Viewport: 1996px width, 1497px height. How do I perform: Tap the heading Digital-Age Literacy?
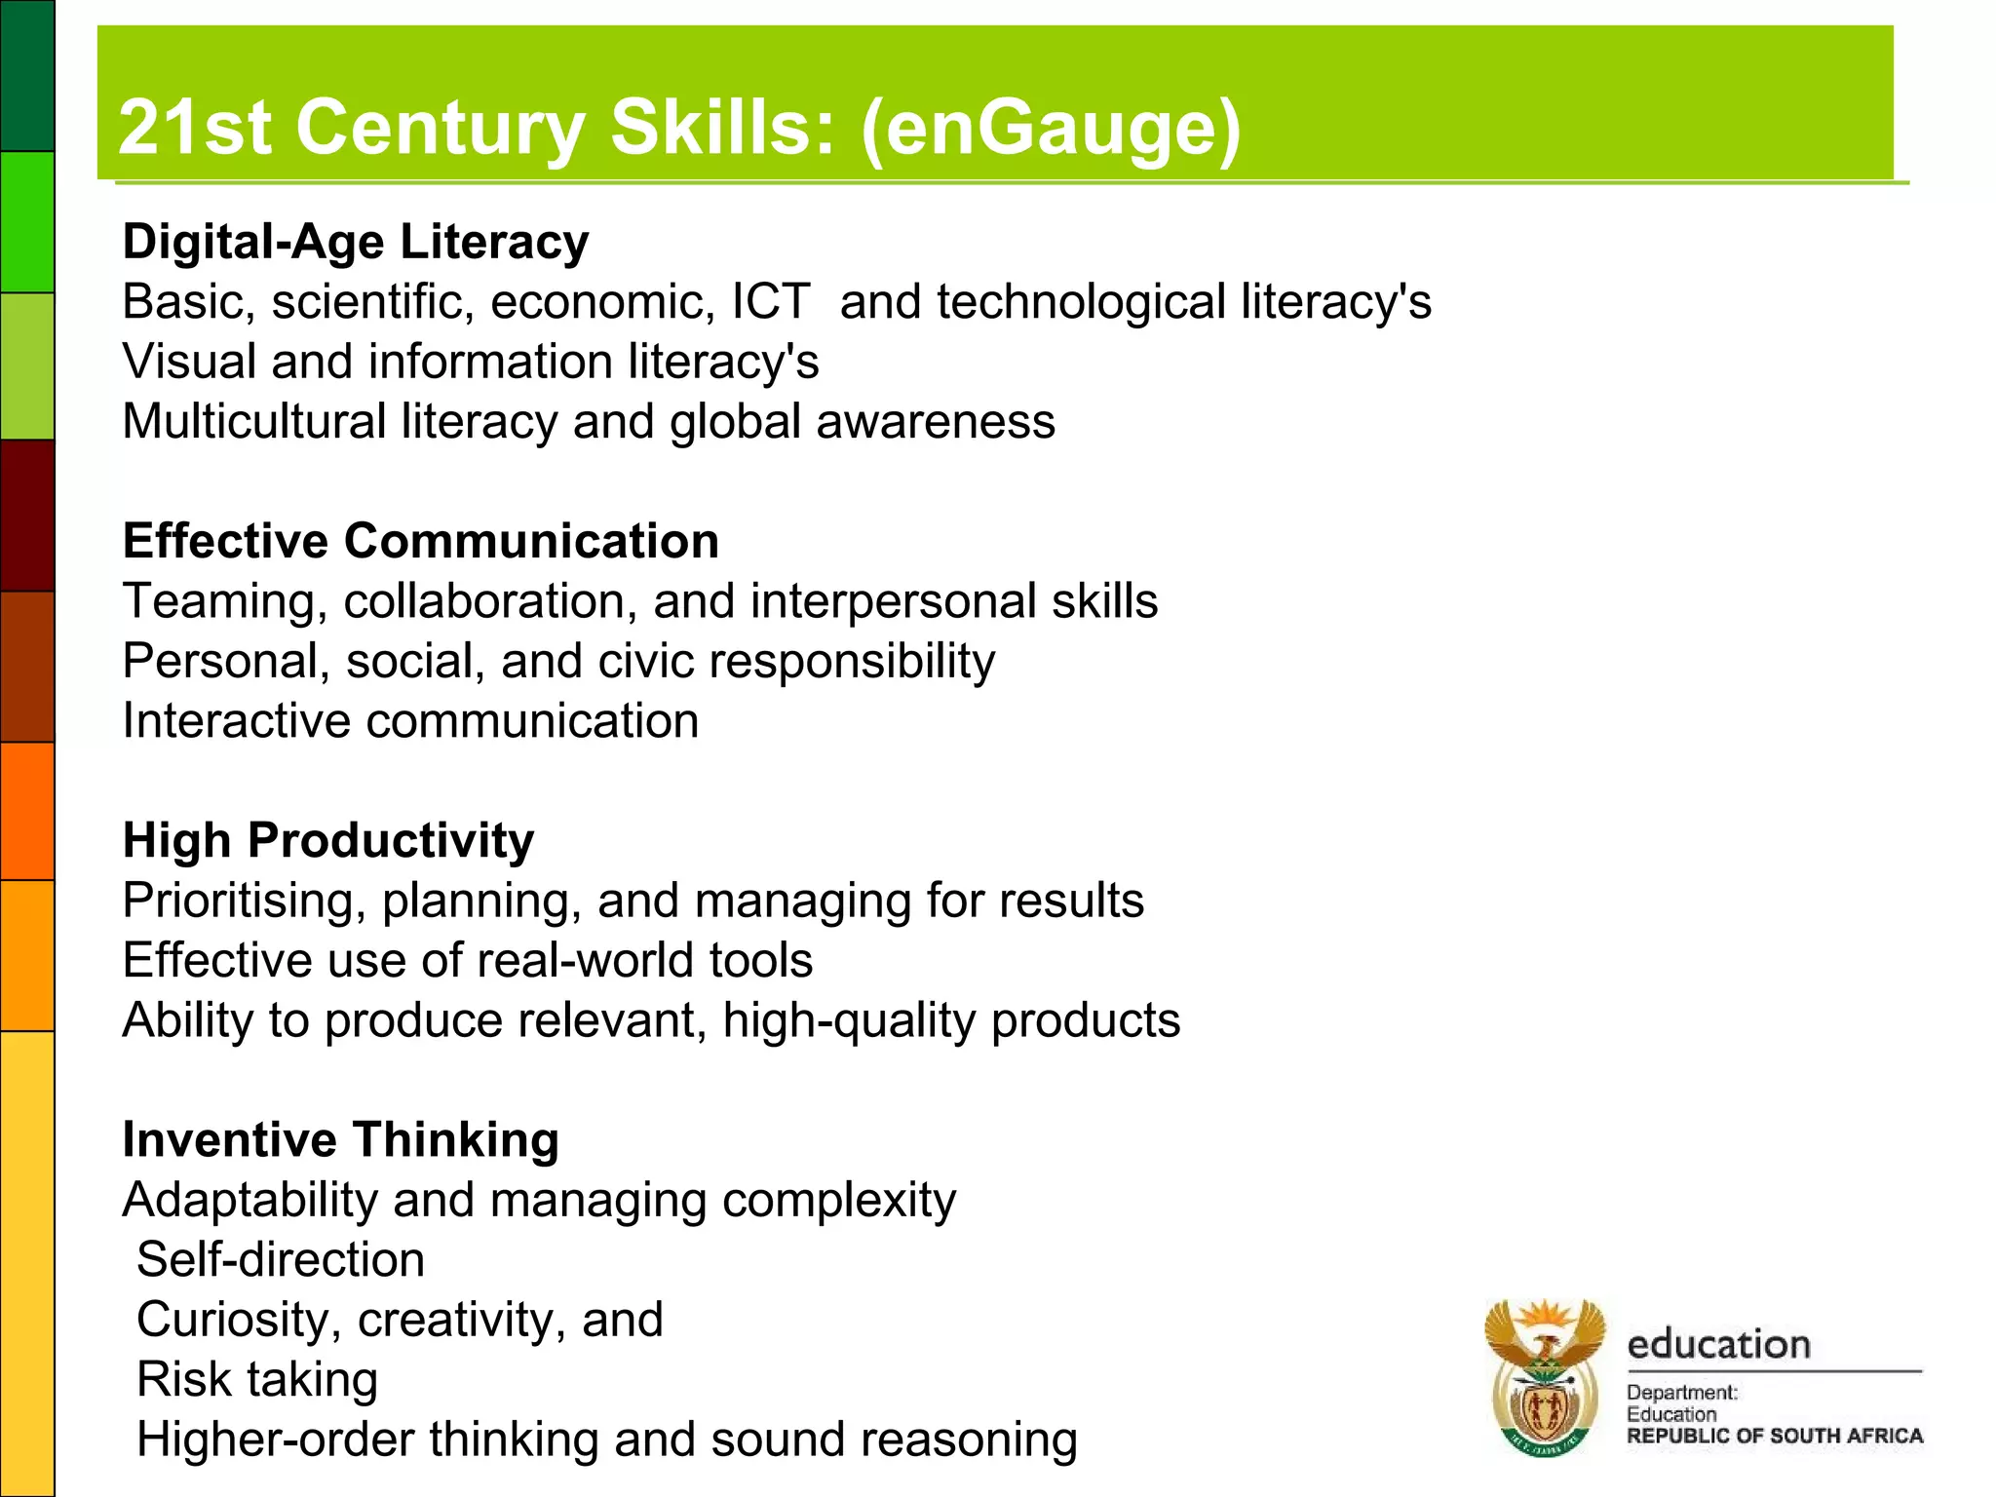pyautogui.click(x=356, y=242)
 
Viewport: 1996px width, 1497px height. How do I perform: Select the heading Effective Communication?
pyautogui.click(x=421, y=541)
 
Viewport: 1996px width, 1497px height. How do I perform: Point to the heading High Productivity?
pyautogui.click(x=328, y=840)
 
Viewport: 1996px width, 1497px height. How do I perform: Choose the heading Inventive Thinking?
pyautogui.click(x=341, y=1139)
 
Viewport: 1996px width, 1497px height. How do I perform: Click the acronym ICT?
pyautogui.click(x=771, y=301)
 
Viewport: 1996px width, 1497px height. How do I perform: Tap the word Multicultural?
pyautogui.click(x=254, y=421)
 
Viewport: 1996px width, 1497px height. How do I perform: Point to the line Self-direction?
pyautogui.click(x=281, y=1259)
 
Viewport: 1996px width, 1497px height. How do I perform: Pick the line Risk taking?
pyautogui.click(x=257, y=1379)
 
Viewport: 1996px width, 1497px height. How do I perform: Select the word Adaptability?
pyautogui.click(x=249, y=1200)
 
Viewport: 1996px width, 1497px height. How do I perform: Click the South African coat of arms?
pyautogui.click(x=1545, y=1377)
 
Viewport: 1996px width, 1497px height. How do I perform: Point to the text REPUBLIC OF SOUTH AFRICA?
pyautogui.click(x=1775, y=1436)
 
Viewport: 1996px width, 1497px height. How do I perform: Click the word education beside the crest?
pyautogui.click(x=1719, y=1344)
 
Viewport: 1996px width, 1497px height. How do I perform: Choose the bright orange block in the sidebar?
pyautogui.click(x=27, y=811)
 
